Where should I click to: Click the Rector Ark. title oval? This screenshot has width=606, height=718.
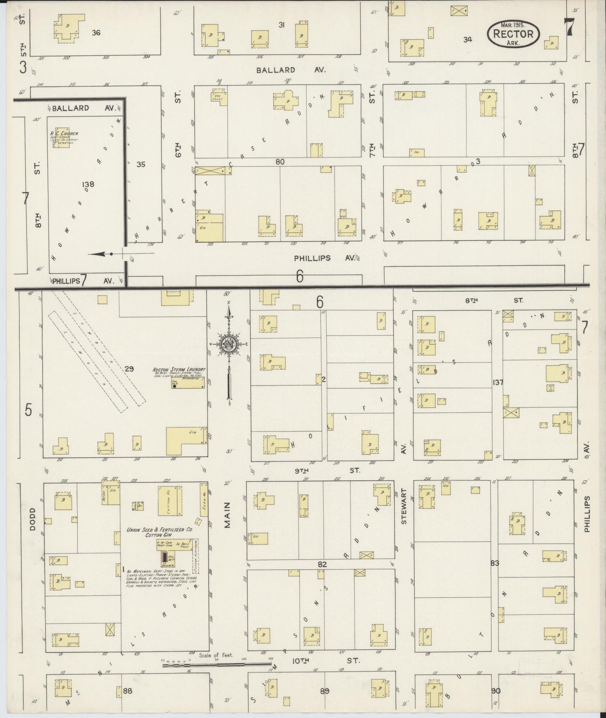[513, 34]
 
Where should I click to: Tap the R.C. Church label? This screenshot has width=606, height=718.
[64, 134]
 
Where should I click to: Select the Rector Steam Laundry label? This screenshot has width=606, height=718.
[179, 369]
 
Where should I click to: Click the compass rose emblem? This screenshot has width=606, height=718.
[229, 344]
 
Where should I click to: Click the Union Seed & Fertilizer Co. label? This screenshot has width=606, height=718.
[159, 529]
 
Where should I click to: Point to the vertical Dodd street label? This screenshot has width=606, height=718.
[34, 519]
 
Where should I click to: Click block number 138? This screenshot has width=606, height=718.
[88, 184]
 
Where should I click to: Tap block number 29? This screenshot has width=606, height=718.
[129, 369]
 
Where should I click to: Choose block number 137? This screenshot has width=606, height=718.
[498, 382]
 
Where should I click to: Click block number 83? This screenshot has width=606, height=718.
[495, 563]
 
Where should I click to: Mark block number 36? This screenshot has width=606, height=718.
[96, 32]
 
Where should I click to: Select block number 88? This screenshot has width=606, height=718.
[127, 690]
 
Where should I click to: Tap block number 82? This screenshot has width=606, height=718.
[322, 564]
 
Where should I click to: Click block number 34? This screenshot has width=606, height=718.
[468, 39]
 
